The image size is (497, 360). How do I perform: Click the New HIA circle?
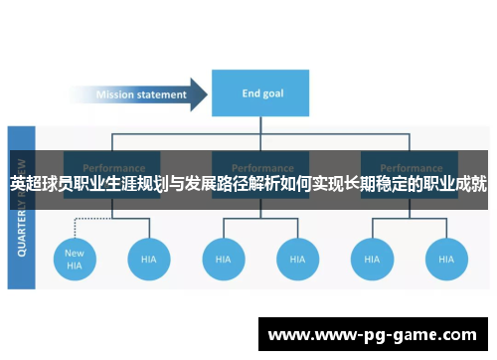click(75, 259)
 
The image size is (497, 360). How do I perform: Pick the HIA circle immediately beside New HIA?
click(148, 259)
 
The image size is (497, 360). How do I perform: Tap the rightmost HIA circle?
click(445, 259)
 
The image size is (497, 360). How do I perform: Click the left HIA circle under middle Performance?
click(223, 259)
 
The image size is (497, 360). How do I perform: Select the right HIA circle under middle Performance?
click(297, 259)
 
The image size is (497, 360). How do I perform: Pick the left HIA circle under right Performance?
click(371, 259)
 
